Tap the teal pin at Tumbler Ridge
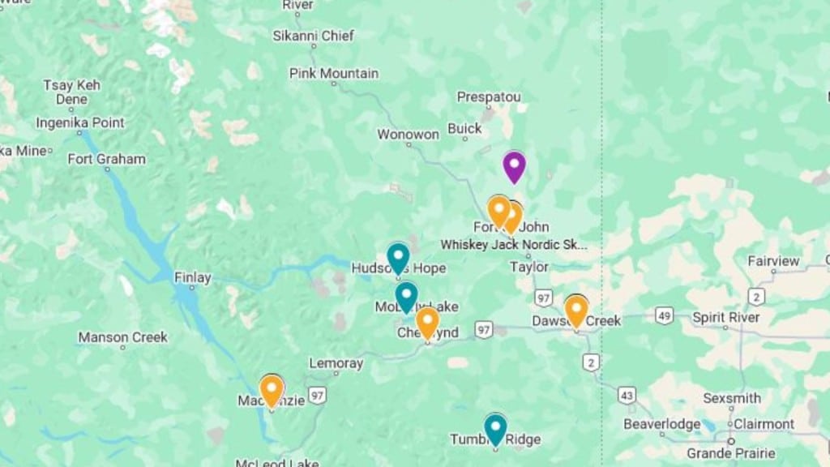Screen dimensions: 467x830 (495, 428)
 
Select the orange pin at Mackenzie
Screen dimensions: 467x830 (272, 389)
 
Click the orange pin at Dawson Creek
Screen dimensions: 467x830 (575, 310)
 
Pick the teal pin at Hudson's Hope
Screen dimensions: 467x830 (397, 257)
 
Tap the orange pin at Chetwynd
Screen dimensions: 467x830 (427, 321)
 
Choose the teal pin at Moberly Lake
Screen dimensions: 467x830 (406, 296)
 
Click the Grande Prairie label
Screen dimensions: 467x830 (730, 452)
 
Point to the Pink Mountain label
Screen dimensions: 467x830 (334, 74)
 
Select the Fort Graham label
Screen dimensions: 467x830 (106, 159)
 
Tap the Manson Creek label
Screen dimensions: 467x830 (123, 337)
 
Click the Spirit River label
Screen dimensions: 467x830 (726, 317)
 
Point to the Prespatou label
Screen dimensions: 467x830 (489, 97)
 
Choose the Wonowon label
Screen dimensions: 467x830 (409, 134)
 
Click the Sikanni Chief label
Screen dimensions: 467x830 (314, 36)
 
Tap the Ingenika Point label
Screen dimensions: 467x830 (79, 123)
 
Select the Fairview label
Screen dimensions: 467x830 (772, 261)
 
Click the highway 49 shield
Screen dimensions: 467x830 (664, 315)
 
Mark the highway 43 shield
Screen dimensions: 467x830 (626, 395)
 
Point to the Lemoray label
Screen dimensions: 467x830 (336, 363)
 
